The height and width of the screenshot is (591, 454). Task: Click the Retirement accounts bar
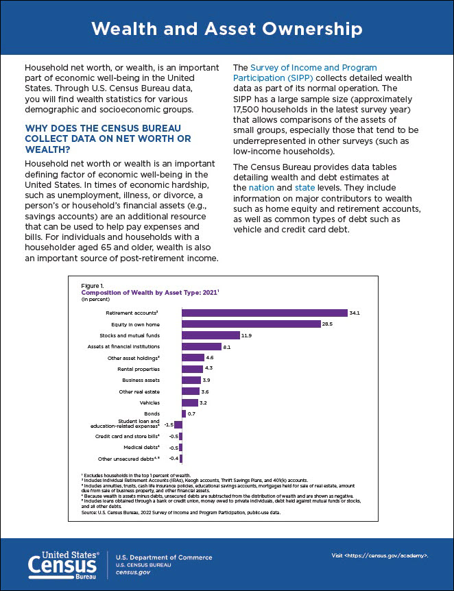tap(264, 313)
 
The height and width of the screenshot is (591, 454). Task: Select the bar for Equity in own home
tap(251, 324)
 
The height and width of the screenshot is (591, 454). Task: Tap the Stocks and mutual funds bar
tap(211, 335)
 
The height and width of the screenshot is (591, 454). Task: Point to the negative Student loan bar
tap(178, 425)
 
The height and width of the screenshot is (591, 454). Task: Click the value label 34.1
tap(355, 313)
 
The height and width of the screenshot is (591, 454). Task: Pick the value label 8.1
tap(227, 347)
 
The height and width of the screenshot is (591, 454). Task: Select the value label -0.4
tap(174, 458)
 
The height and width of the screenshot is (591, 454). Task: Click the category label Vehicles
tap(150, 402)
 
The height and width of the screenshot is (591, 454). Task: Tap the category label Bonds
tap(152, 414)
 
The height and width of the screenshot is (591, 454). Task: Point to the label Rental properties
tap(139, 369)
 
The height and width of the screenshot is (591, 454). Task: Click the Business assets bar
tap(191, 380)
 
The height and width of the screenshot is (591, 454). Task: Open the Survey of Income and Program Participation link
tap(305, 73)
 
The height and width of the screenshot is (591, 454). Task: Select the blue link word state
tap(304, 187)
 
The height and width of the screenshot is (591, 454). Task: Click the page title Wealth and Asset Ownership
tap(227, 29)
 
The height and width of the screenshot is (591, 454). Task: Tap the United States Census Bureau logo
tap(64, 565)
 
